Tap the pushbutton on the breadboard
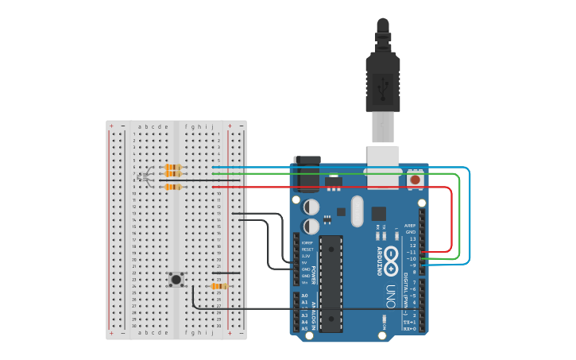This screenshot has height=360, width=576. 176,279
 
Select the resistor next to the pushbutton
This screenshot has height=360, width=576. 219,286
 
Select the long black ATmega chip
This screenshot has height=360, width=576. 331,283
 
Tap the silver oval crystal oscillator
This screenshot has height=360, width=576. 355,211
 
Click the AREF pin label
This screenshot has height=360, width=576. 410,226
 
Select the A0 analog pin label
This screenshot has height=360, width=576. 304,296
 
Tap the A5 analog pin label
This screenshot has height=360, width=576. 304,328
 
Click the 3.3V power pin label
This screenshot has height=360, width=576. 305,257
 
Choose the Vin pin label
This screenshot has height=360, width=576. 305,282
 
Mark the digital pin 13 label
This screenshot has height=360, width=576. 412,238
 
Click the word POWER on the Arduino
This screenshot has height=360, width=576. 314,275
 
